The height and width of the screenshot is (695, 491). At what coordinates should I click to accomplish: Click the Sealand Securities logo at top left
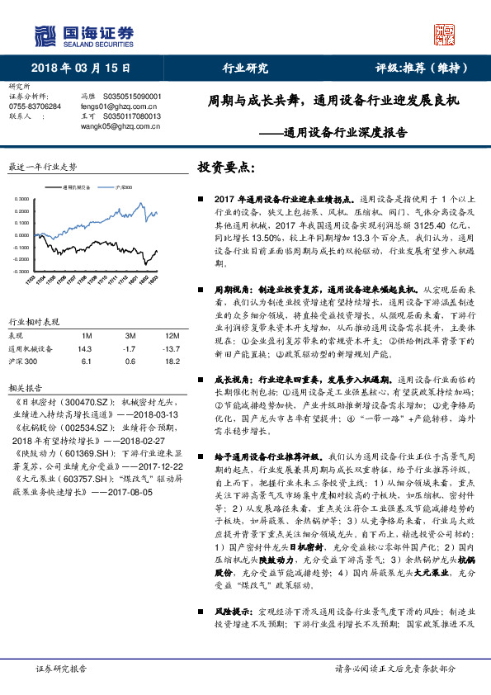click(x=83, y=35)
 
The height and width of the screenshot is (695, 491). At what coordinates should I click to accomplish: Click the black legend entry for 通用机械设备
click(x=83, y=187)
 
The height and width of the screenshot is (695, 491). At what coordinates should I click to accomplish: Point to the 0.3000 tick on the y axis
click(x=21, y=199)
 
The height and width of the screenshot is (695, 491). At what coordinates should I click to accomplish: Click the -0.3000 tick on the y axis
click(x=20, y=270)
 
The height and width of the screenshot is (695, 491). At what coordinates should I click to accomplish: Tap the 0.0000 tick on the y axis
click(x=21, y=234)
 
